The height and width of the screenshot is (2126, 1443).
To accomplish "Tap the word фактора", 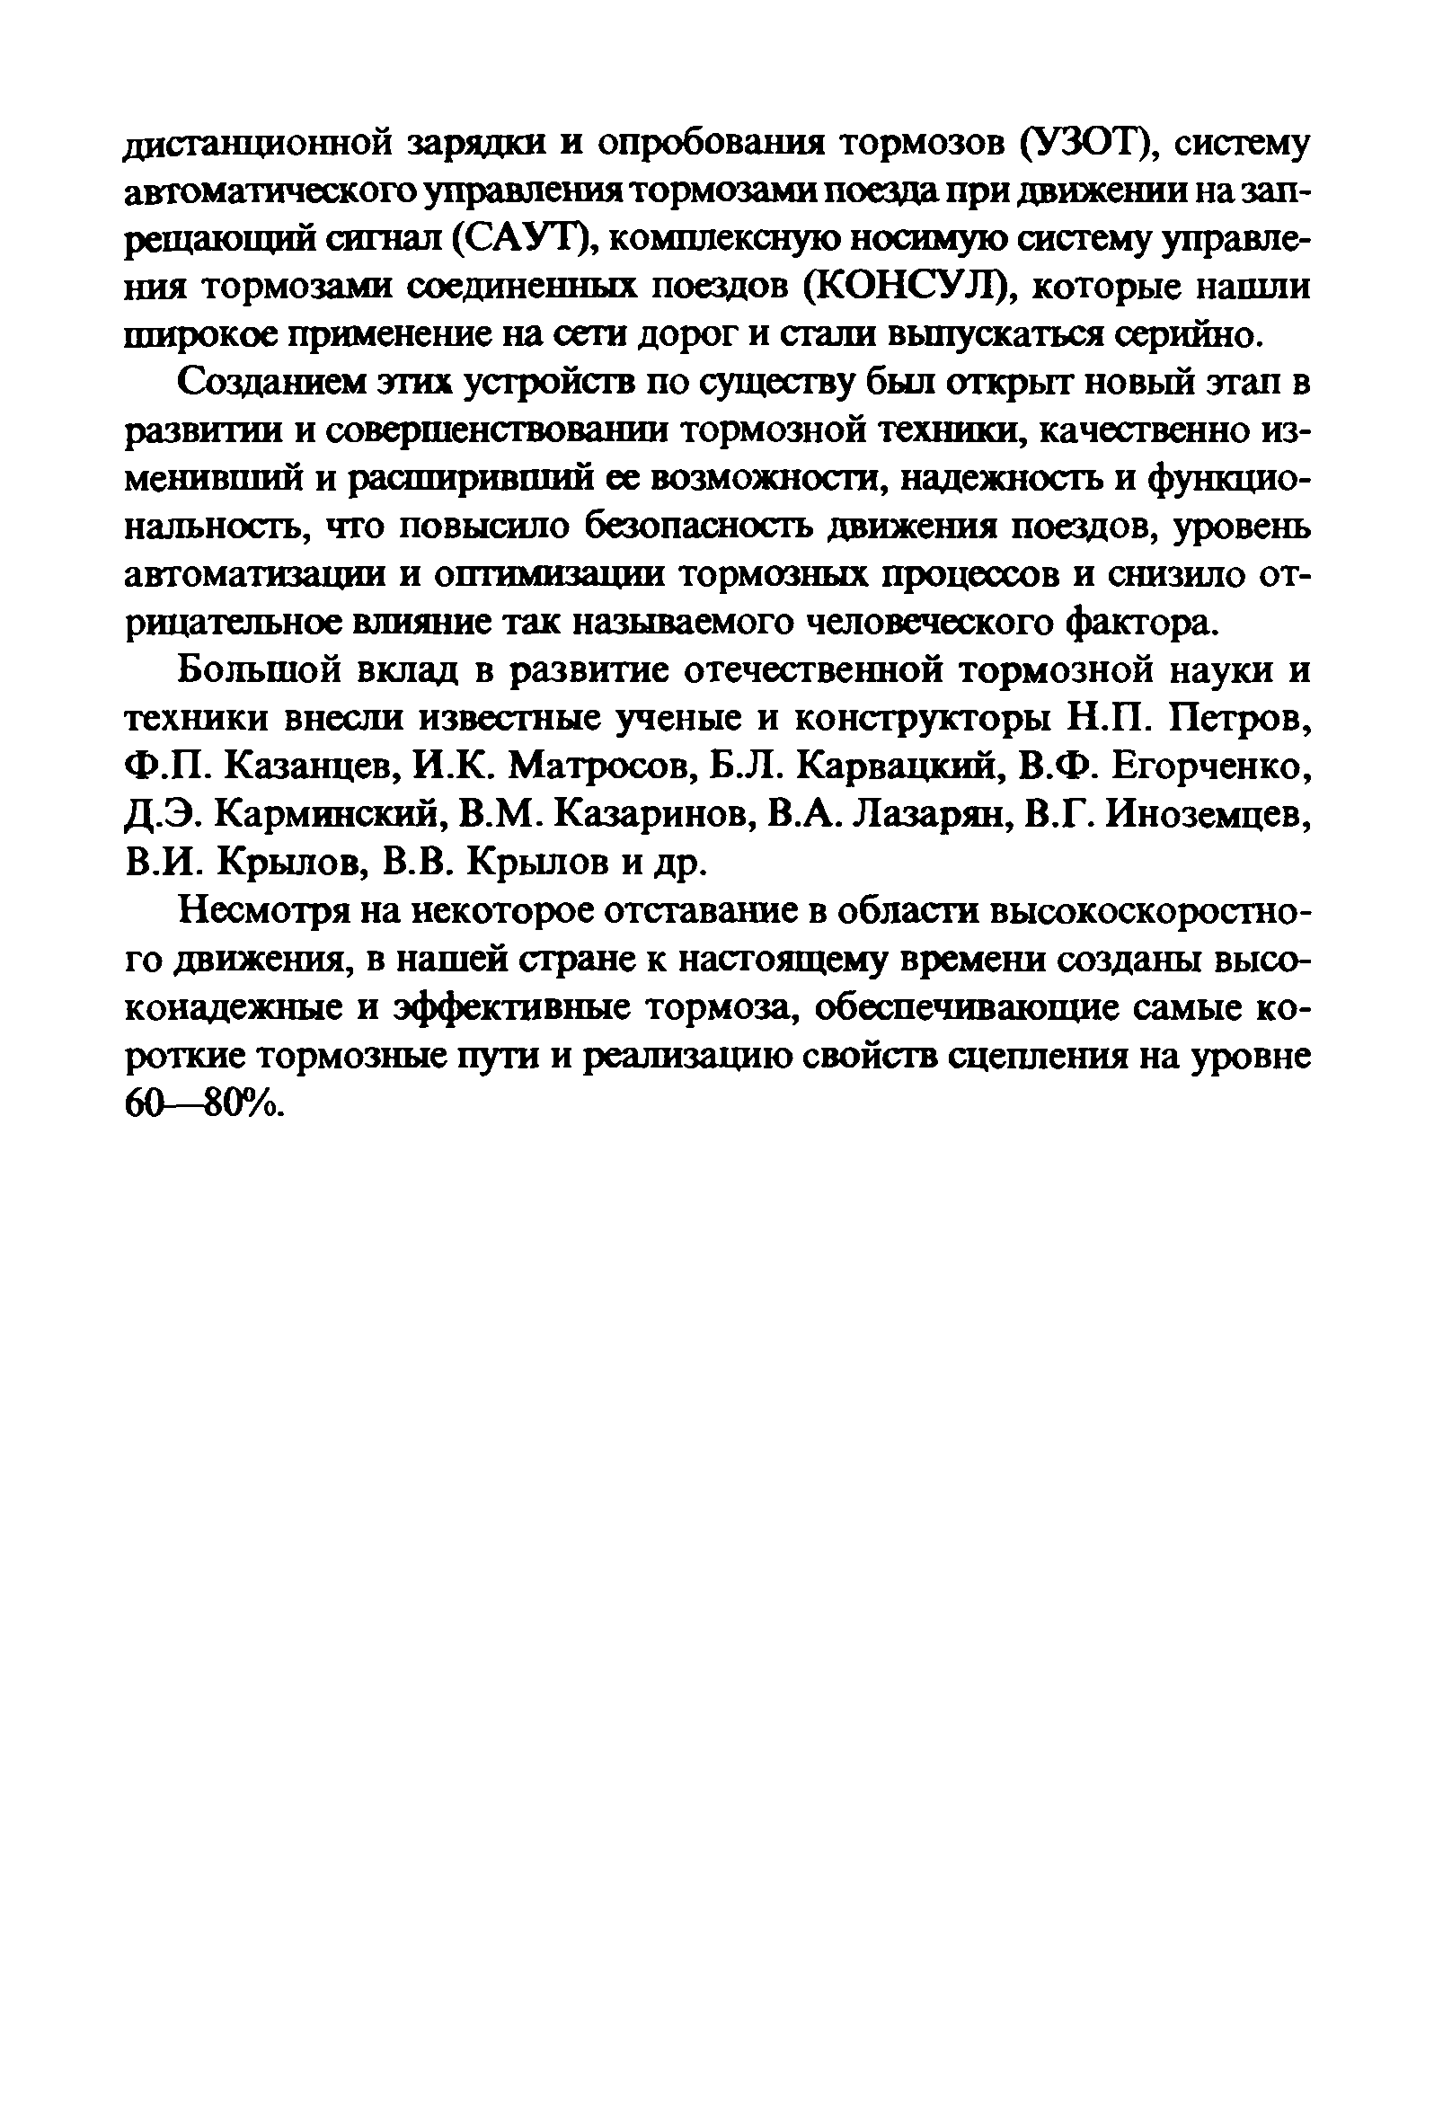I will click(1144, 624).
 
